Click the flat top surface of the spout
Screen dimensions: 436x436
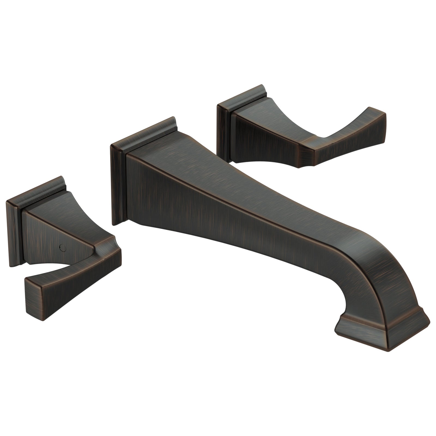point(218,177)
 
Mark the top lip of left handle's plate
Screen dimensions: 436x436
point(35,188)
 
